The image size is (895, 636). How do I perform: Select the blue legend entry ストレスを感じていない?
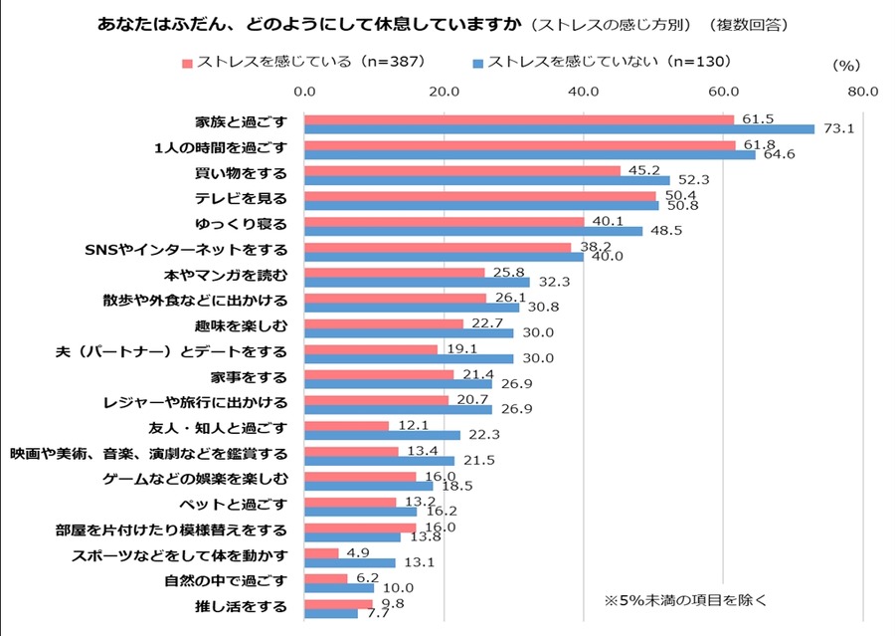(597, 62)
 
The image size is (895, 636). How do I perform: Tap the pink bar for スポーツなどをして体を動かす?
(321, 552)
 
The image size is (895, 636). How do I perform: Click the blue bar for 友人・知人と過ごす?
(382, 435)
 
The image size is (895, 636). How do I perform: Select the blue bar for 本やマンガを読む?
(417, 282)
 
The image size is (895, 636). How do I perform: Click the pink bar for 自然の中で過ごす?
(326, 578)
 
